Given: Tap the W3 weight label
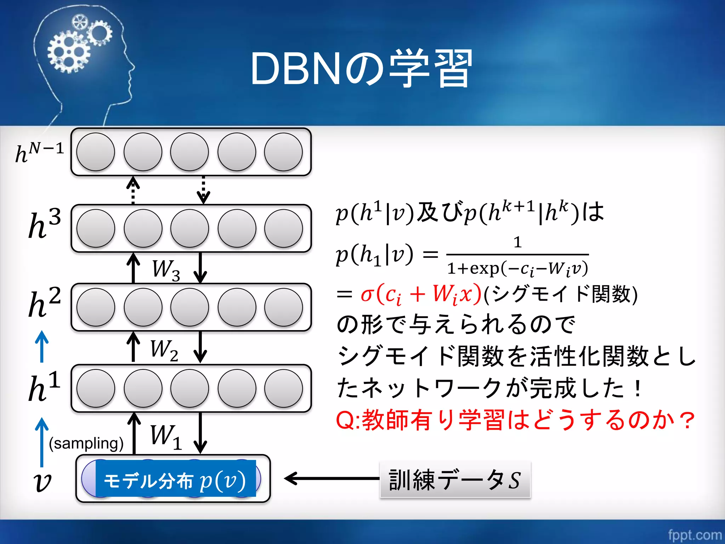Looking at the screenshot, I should point(166,270).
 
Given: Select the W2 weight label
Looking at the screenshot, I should point(164,350).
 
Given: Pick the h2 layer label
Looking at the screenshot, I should point(44,303).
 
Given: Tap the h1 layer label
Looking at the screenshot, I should point(44,387).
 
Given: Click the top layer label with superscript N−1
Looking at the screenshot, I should point(39,153).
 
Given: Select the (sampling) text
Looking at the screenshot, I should point(86,443).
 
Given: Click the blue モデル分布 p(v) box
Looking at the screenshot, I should point(175,479).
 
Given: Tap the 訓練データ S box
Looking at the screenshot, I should point(455,480).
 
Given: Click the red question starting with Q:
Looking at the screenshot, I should point(515,420).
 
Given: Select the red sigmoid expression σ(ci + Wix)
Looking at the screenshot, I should point(421,294).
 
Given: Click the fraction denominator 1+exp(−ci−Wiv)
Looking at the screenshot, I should point(517,269).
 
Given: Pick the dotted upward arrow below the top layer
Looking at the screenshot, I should point(133,190).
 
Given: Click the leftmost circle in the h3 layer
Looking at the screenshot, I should point(96,228).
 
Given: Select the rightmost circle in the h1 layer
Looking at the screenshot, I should point(283,388).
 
